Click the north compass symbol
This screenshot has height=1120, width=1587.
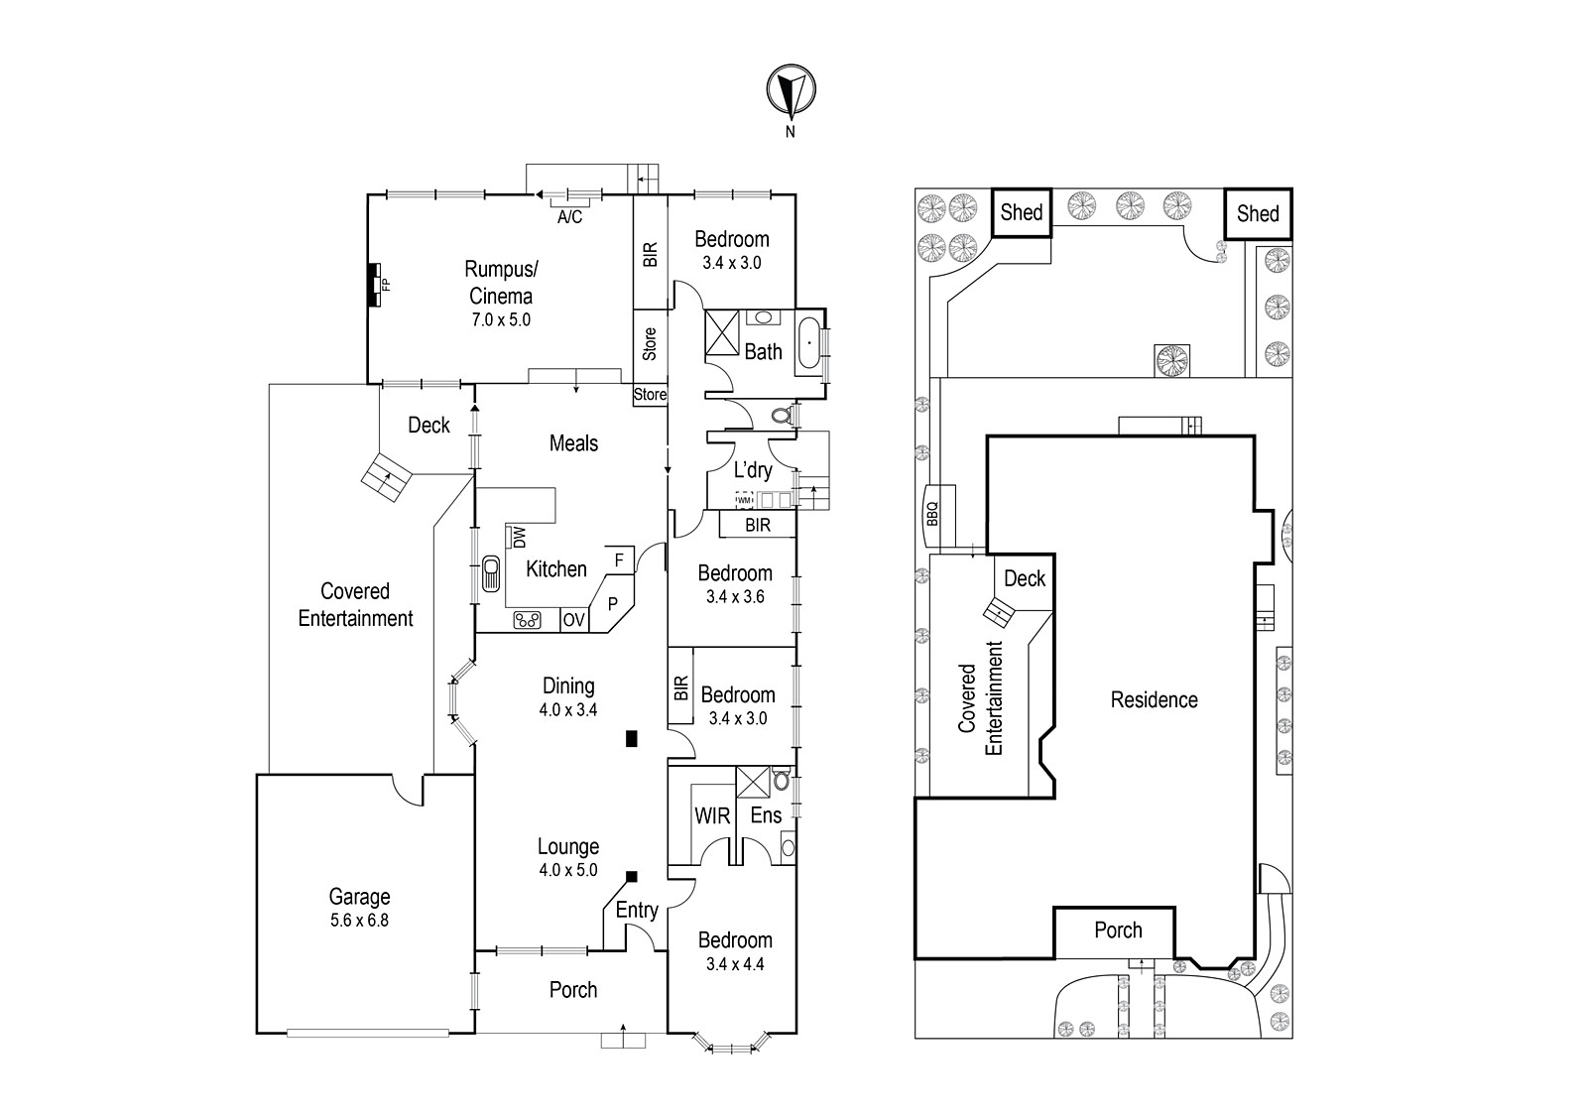point(791,90)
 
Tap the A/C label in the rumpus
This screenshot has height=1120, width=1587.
point(569,217)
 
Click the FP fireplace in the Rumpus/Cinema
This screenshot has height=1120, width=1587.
point(375,285)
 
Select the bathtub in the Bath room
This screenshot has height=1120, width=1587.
point(809,343)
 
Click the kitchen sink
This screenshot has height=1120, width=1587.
point(490,572)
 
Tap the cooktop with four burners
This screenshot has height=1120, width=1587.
point(527,621)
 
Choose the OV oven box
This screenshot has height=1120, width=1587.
point(574,621)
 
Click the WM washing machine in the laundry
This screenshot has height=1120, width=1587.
point(744,500)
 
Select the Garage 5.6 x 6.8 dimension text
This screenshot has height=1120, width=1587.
point(359,921)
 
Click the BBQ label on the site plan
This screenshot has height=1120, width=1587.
point(932,514)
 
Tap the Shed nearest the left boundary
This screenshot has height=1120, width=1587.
point(1021,212)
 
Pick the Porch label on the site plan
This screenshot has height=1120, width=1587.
point(1118,931)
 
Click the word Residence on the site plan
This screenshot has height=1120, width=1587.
point(1155,700)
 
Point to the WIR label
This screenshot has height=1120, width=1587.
point(712,816)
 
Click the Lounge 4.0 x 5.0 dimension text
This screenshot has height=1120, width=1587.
point(568,870)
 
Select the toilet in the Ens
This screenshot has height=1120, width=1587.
point(781,780)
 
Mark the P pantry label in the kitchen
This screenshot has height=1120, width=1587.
point(613,603)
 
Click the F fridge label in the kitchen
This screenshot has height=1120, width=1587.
point(619,561)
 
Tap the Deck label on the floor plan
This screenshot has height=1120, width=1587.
point(428,425)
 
